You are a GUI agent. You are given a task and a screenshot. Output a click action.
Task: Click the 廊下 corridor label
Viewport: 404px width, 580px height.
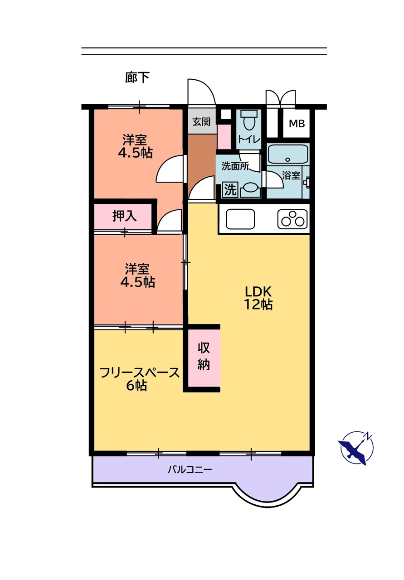[x=137, y=77]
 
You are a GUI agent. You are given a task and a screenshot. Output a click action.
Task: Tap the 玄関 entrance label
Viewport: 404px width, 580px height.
[x=201, y=121]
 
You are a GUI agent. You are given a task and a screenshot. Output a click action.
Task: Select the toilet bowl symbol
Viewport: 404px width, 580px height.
[x=248, y=120]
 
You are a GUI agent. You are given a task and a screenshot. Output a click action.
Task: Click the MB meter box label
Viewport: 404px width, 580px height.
[x=297, y=124]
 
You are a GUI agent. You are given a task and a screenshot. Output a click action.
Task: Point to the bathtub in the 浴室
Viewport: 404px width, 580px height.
[x=287, y=154]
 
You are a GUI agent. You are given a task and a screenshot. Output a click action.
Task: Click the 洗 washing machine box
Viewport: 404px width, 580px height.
[x=230, y=190]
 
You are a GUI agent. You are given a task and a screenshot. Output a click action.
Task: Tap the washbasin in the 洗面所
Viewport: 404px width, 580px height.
[x=250, y=190]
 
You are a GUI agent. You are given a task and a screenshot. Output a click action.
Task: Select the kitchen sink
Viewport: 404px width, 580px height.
[x=240, y=219]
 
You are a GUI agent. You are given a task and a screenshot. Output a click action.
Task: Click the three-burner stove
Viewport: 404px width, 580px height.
[x=292, y=219]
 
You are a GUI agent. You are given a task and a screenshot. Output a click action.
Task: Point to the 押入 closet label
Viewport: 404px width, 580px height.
[x=124, y=216]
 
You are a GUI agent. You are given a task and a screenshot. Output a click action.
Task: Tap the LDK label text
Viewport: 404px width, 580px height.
[x=258, y=292]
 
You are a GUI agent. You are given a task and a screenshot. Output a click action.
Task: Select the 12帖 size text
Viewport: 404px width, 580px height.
[x=258, y=304]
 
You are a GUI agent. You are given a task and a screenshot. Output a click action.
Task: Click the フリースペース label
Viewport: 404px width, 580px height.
[x=139, y=373]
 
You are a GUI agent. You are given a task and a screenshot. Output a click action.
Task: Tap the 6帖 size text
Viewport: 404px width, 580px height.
[x=136, y=386]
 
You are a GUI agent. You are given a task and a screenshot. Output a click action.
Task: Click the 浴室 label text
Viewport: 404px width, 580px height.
[x=291, y=175]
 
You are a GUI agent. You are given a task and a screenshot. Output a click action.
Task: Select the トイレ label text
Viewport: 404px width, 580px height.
[x=249, y=140]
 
